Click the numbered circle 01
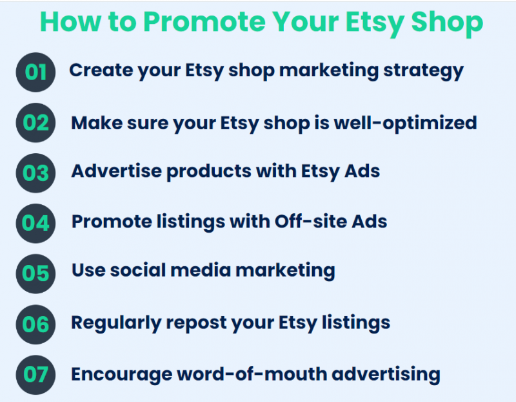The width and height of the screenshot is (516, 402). (37, 72)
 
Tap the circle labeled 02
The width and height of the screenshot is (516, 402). (37, 122)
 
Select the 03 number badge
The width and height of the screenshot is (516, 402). (37, 173)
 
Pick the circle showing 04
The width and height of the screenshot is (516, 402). (37, 223)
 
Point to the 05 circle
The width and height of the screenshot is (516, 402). (37, 273)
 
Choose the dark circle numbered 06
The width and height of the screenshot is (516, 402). (37, 323)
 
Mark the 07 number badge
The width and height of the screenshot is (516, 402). (37, 374)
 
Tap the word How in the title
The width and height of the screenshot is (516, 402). (68, 22)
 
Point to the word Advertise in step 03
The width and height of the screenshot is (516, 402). (110, 171)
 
